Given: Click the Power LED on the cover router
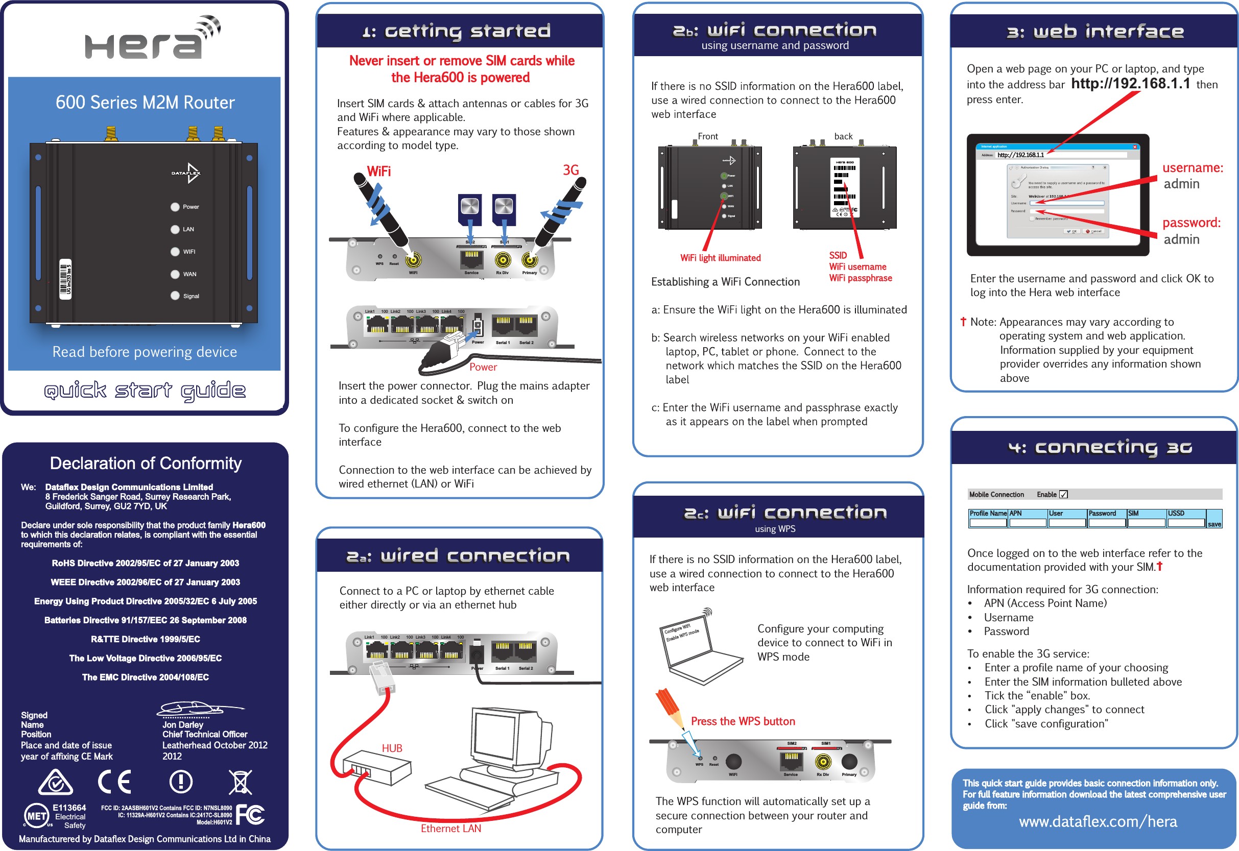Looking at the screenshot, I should [x=174, y=207].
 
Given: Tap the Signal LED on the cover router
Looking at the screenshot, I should [x=174, y=296].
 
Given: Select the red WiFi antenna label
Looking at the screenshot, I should [x=378, y=171].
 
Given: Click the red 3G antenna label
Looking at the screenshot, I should [x=570, y=170].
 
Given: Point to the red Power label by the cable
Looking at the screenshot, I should [x=483, y=367].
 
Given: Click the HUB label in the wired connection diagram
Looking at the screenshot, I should [x=392, y=748].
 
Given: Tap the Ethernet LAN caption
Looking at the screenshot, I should [x=450, y=828].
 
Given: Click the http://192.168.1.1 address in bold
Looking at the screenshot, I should [x=1130, y=84].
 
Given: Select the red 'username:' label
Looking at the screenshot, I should [x=1193, y=168].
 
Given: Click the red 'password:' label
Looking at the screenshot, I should [x=1191, y=223].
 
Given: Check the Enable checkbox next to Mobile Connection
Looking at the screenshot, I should [x=1063, y=494].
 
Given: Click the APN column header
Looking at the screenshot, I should [x=1015, y=514].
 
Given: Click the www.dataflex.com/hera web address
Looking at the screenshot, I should [x=1098, y=822].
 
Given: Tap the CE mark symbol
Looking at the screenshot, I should [x=115, y=782].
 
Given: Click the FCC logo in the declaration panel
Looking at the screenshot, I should [x=250, y=815].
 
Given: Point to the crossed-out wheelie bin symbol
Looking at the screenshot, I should [x=240, y=782].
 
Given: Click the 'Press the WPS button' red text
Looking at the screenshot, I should [x=743, y=721].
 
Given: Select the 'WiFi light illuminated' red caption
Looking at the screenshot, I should [x=720, y=258].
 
